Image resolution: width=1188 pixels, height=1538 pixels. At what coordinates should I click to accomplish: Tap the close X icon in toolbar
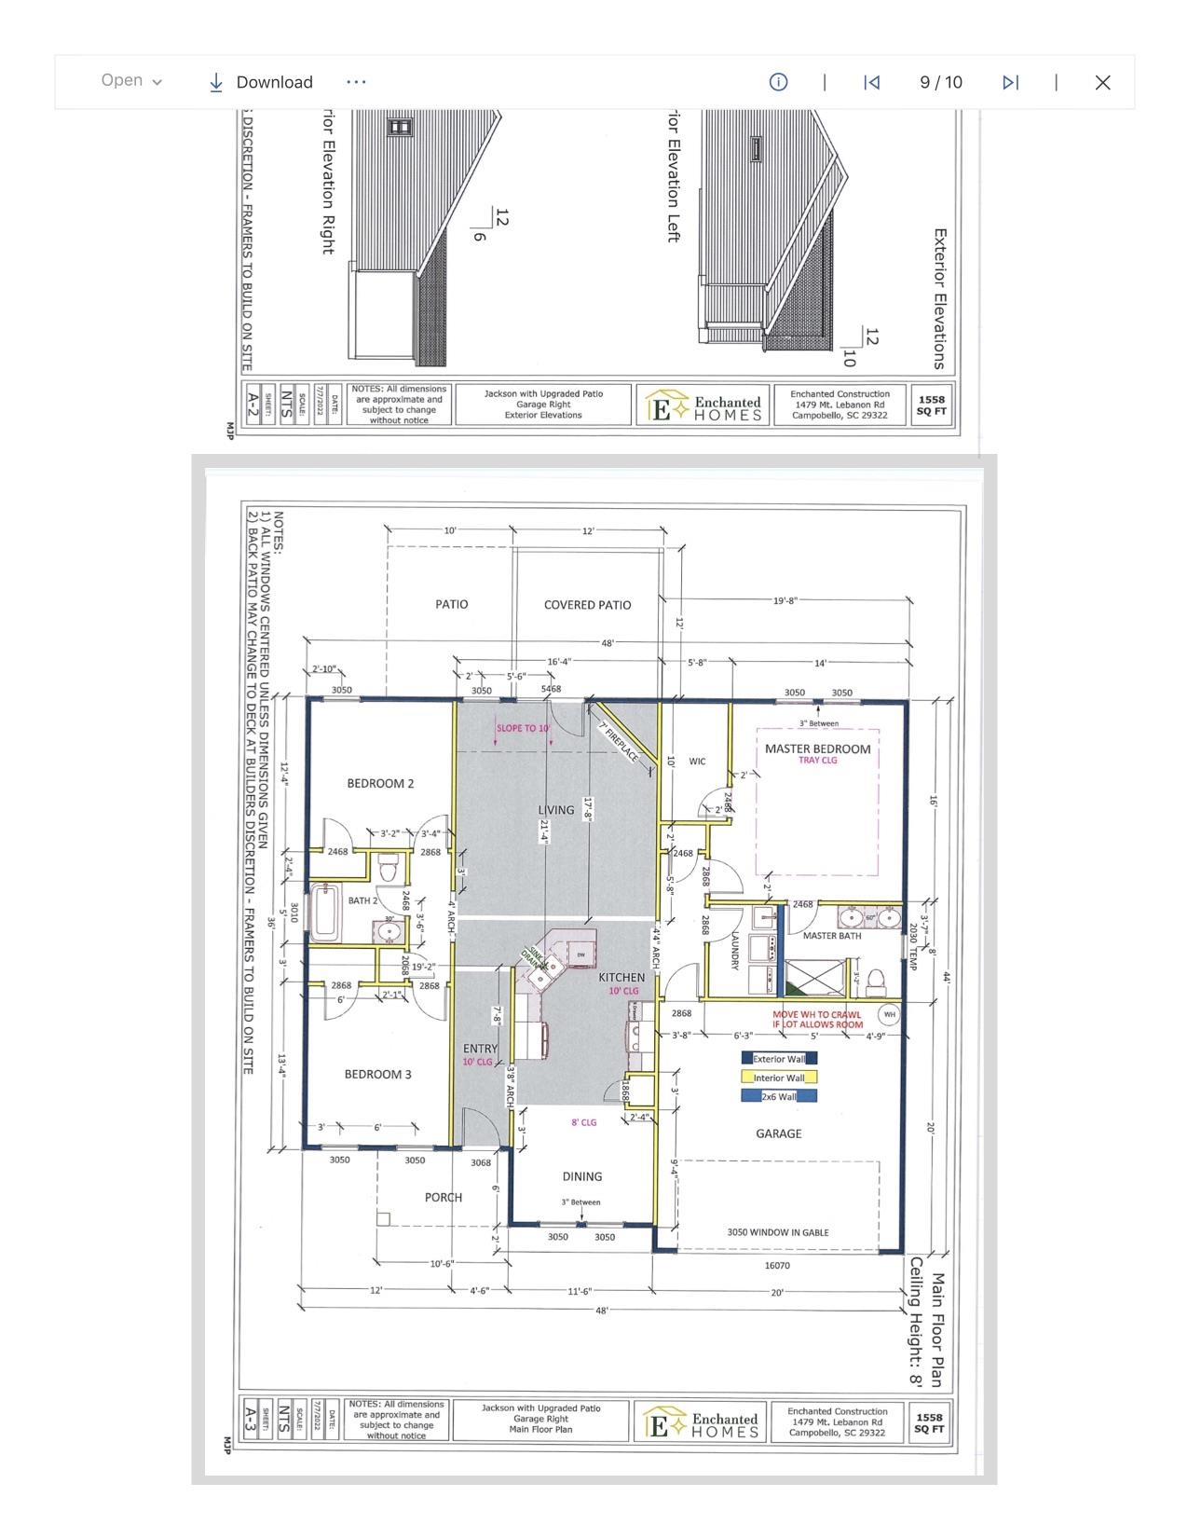click(x=1102, y=82)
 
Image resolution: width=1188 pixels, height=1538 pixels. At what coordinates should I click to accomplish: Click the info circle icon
click(x=778, y=82)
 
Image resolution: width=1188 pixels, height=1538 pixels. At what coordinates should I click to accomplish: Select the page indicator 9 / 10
click(x=940, y=82)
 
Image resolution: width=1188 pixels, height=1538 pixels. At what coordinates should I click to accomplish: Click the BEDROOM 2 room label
click(x=380, y=783)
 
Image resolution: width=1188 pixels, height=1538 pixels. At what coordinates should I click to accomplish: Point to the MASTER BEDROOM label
click(x=817, y=748)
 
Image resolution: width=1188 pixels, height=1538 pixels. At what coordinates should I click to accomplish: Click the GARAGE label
click(x=778, y=1133)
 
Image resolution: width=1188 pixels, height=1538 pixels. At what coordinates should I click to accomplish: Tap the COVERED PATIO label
click(x=587, y=605)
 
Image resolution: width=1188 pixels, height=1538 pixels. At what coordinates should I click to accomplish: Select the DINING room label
click(x=581, y=1176)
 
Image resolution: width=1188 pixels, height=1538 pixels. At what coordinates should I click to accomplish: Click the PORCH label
click(x=443, y=1197)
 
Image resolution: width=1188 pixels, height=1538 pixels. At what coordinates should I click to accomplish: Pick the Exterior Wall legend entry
click(x=779, y=1059)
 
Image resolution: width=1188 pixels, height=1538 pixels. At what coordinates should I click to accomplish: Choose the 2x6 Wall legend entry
click(x=779, y=1097)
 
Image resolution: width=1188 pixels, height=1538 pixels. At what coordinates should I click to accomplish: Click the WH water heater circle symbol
click(x=889, y=1015)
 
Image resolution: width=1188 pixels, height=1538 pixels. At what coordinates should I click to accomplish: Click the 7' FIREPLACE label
click(x=620, y=742)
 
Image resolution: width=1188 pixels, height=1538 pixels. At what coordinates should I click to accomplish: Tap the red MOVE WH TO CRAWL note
click(x=817, y=1019)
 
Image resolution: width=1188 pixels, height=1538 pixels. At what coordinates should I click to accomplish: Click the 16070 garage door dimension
click(x=777, y=1265)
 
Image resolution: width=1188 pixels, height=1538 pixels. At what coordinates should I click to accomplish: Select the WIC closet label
click(x=697, y=762)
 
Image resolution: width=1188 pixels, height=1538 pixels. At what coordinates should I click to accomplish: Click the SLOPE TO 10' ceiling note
click(x=523, y=728)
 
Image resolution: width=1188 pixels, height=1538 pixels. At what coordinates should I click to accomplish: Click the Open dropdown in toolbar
click(x=131, y=81)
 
